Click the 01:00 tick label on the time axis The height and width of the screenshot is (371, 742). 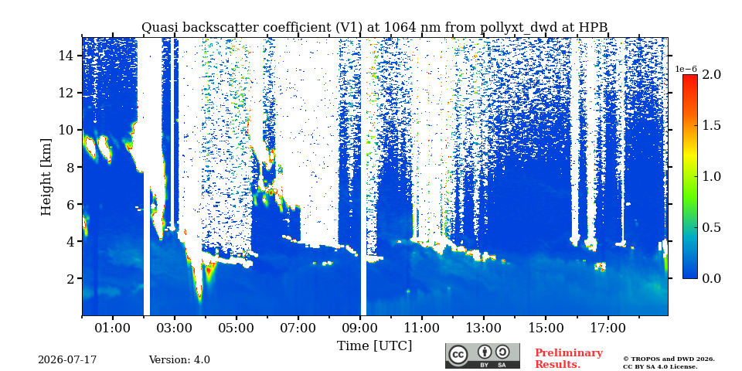pos(113,328)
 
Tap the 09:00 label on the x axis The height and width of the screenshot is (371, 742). pos(360,328)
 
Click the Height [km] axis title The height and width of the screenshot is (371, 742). pos(46,177)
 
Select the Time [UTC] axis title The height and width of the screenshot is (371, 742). pos(374,346)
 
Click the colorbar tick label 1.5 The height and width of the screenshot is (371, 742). pos(711,125)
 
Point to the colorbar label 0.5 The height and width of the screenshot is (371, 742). pos(711,227)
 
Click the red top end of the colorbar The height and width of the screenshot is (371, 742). pos(690,77)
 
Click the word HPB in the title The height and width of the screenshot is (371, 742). pos(594,28)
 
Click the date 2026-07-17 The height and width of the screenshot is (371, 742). pos(67,360)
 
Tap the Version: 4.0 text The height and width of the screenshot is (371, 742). pos(179,360)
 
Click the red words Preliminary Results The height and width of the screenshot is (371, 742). pos(569,359)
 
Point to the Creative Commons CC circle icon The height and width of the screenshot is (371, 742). pos(457,355)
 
